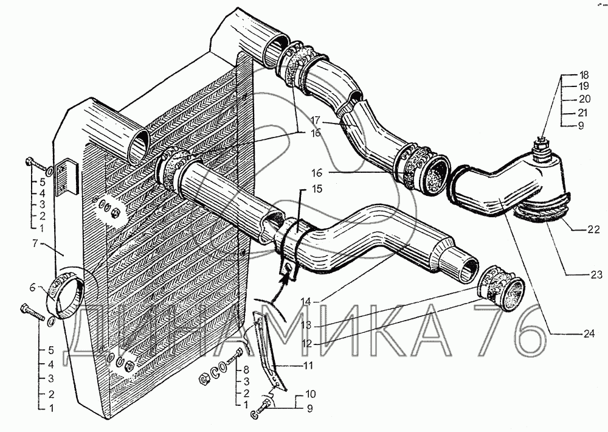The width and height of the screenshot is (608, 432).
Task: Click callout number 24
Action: pyautogui.click(x=589, y=333)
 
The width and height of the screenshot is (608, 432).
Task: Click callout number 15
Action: pyautogui.click(x=316, y=189)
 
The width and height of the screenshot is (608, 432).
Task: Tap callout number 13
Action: pyautogui.click(x=306, y=325)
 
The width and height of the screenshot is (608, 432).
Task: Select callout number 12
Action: pyautogui.click(x=306, y=344)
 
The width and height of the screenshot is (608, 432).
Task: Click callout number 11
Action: pyautogui.click(x=309, y=366)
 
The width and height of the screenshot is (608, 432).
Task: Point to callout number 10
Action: pyautogui.click(x=310, y=394)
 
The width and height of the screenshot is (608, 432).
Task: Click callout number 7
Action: pyautogui.click(x=35, y=244)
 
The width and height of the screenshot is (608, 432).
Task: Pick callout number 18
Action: pyautogui.click(x=584, y=75)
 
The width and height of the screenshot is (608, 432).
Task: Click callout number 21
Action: pyautogui.click(x=582, y=113)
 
